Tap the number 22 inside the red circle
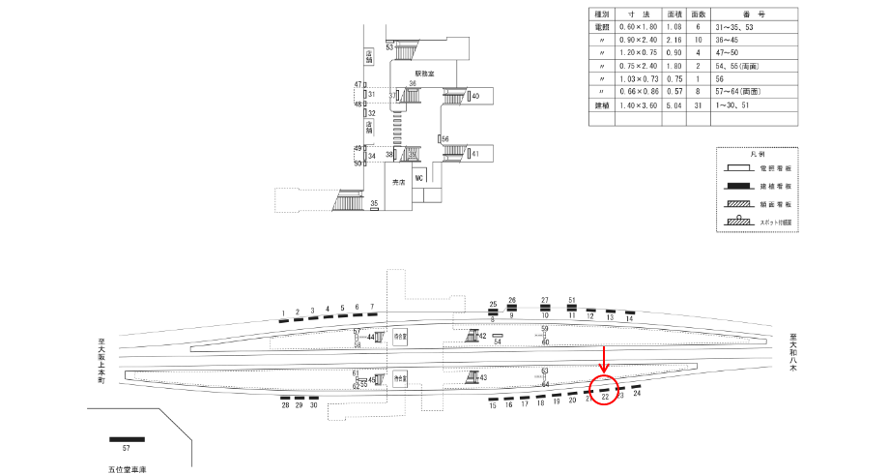(605, 397)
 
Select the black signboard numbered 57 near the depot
(127, 439)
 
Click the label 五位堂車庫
(127, 468)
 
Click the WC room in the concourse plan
(419, 179)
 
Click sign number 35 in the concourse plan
(374, 203)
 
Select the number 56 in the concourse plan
(445, 139)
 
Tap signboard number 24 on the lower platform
(637, 394)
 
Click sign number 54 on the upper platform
(498, 341)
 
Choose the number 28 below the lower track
(286, 406)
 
